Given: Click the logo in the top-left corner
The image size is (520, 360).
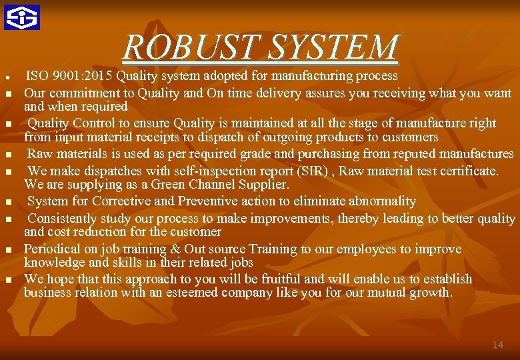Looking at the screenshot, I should pos(22,17).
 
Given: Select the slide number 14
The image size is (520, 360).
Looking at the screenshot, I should pos(497,345).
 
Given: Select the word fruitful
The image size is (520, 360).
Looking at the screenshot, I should pos(278,279).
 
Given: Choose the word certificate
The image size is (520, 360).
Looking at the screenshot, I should pos(465,171).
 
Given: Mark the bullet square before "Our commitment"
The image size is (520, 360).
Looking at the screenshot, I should pos(9,94).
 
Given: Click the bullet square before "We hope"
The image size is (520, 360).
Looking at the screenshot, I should pos(9,280).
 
